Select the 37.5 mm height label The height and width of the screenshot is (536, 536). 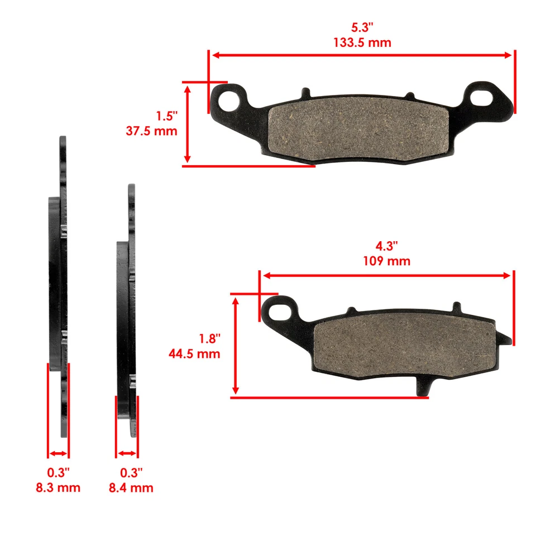(152, 131)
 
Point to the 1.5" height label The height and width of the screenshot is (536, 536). (166, 116)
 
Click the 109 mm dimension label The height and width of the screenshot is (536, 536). (386, 261)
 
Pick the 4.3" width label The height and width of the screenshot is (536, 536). (386, 246)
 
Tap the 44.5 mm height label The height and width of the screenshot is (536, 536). (194, 353)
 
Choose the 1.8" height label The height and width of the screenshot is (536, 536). (209, 338)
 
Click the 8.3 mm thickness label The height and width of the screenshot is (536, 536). (58, 487)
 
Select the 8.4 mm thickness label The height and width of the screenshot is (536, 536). (131, 487)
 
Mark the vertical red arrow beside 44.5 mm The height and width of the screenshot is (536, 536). (236, 345)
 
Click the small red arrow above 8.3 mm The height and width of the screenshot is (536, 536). (59, 453)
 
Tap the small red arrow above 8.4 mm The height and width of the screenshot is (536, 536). (127, 453)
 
